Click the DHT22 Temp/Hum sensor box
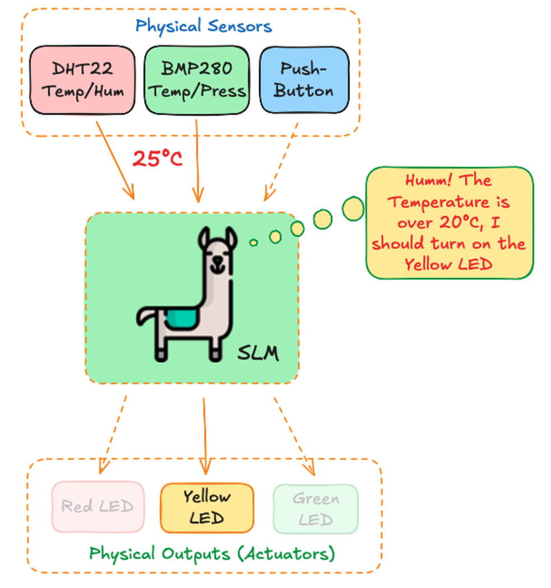(82, 80)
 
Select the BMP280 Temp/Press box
(196, 80)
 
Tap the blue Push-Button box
(304, 80)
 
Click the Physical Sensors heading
(203, 26)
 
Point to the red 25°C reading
(158, 159)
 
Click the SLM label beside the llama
(258, 353)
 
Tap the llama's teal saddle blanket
(180, 318)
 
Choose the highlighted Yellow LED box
(207, 507)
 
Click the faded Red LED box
(98, 507)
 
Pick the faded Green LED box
(316, 508)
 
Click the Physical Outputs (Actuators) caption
(212, 554)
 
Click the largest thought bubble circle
(353, 209)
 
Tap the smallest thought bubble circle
(253, 242)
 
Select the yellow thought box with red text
(449, 223)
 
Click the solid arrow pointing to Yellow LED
(205, 435)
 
